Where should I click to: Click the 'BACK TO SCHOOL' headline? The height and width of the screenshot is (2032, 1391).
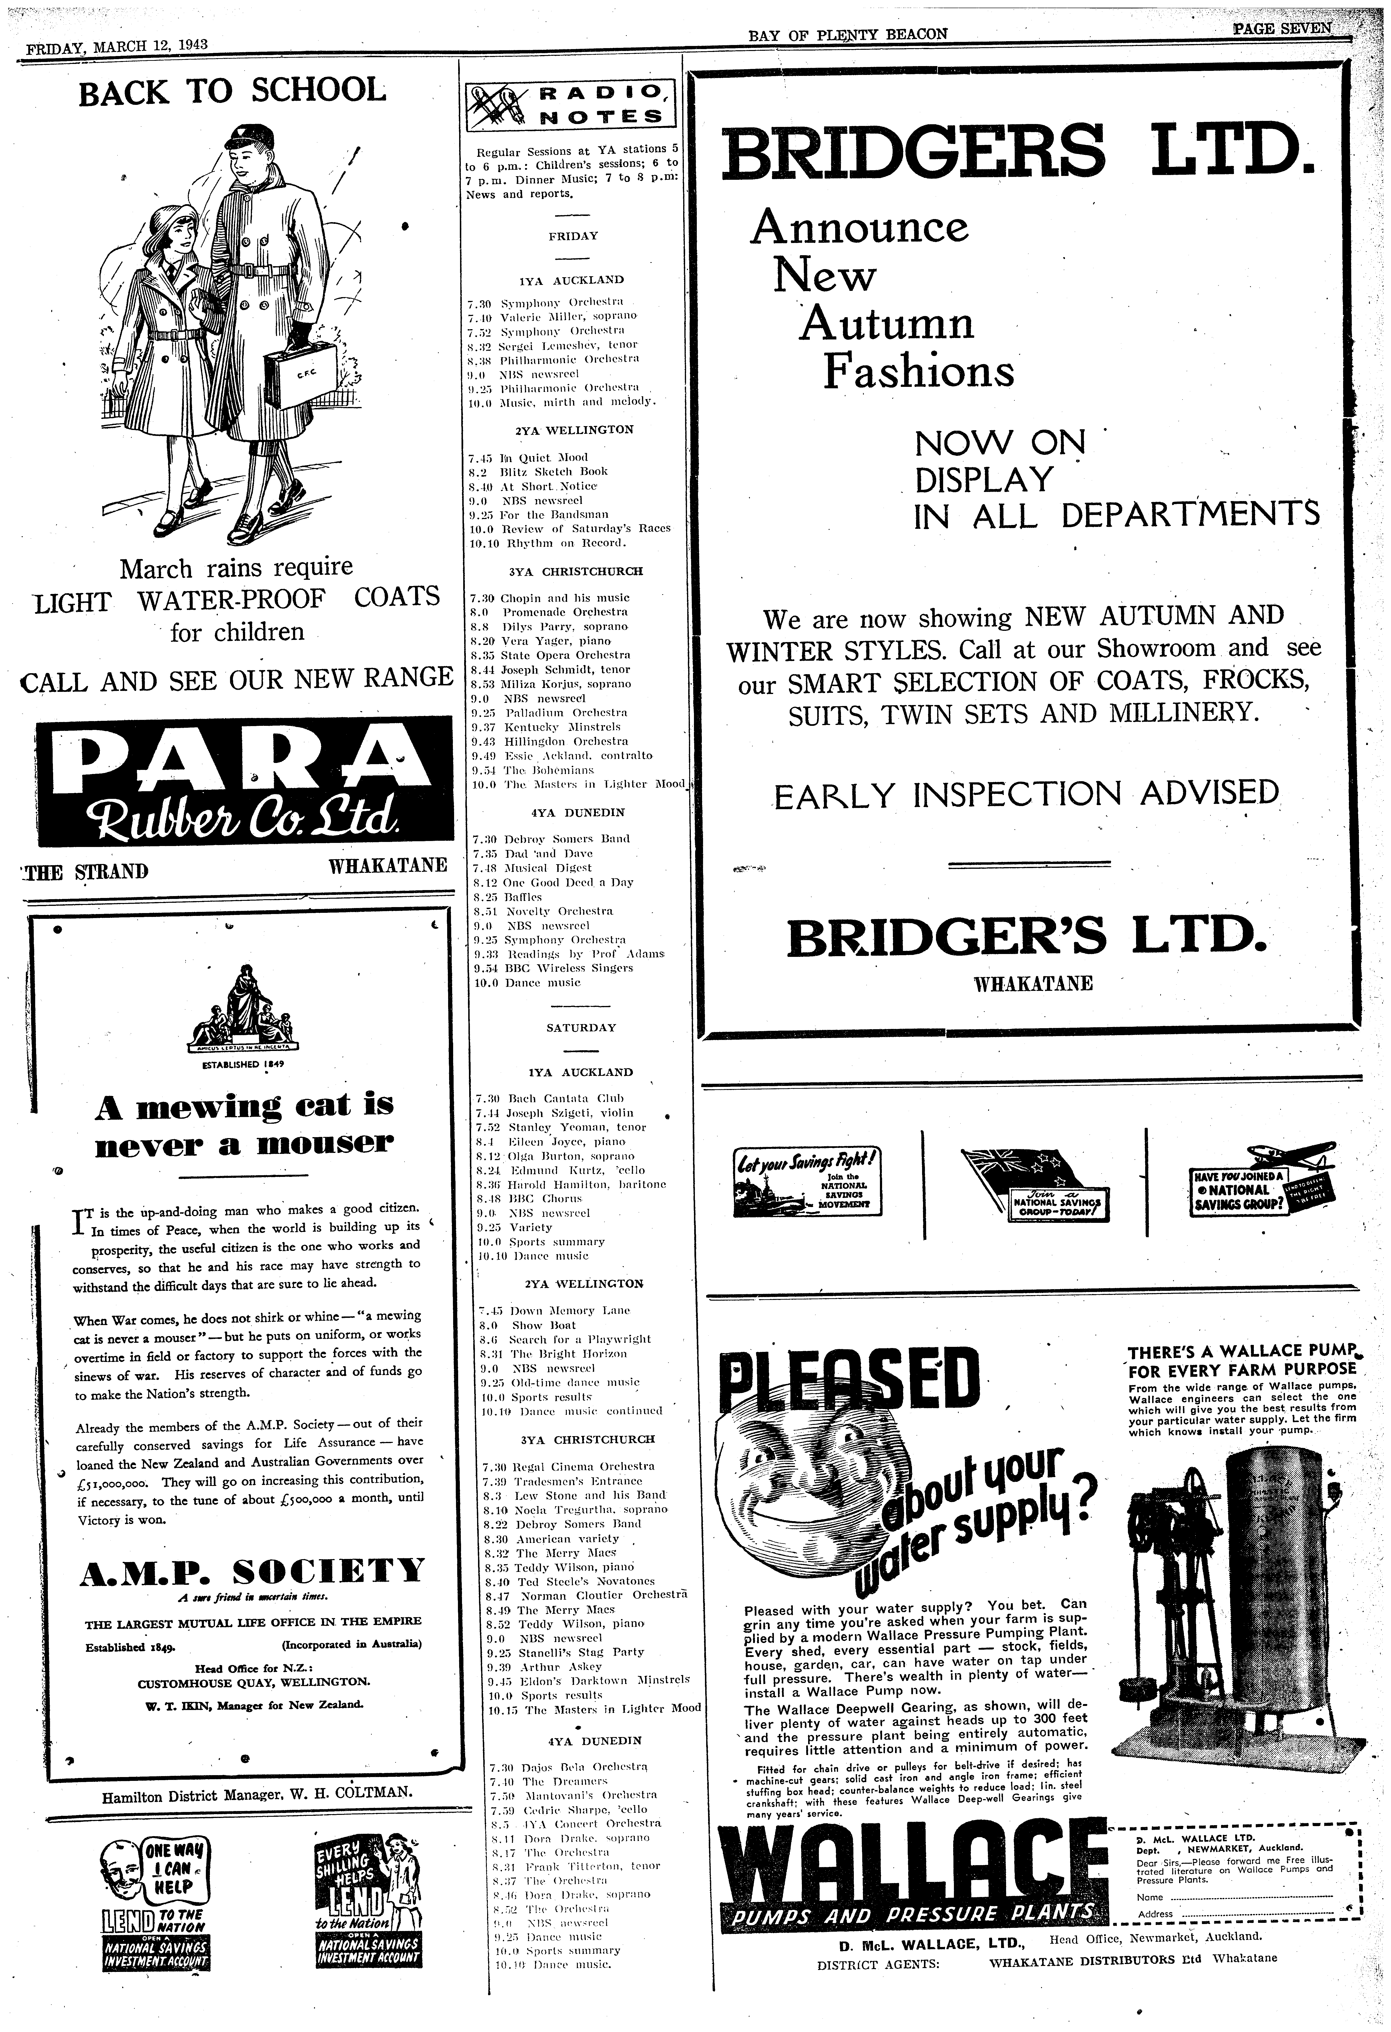tap(232, 91)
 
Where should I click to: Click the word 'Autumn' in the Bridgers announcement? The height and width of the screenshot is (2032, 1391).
tap(887, 324)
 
